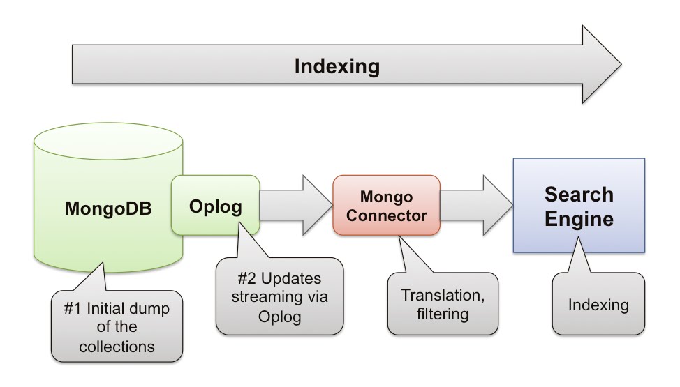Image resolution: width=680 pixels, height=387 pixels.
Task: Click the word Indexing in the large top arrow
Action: [337, 66]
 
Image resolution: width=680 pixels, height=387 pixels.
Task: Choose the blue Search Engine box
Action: [579, 205]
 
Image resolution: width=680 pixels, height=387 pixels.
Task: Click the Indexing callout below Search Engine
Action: [598, 305]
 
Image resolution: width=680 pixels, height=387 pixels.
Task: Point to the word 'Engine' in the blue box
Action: [579, 219]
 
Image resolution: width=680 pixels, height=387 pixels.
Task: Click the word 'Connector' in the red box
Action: [386, 215]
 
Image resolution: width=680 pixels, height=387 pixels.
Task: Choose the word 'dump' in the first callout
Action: [153, 307]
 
